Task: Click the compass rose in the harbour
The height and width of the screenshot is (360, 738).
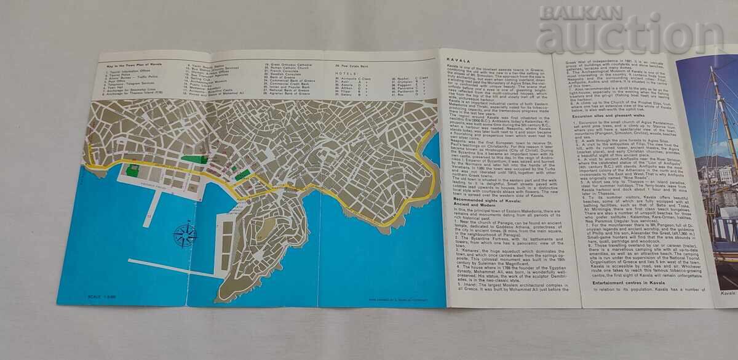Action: coord(184,234)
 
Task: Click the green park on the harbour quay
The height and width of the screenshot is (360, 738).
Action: coord(132,170)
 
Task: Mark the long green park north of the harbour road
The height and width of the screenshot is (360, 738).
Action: coord(196,159)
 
